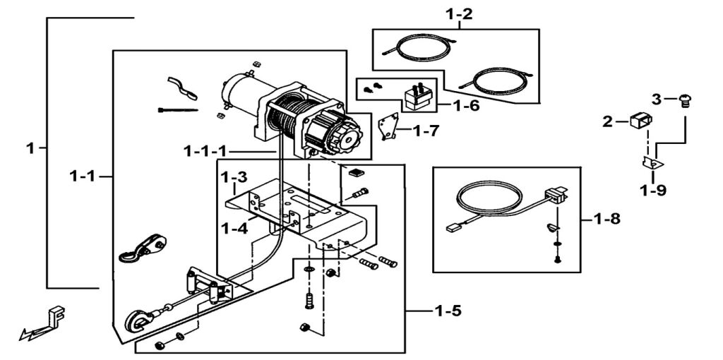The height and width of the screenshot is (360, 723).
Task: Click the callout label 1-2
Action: tap(459, 13)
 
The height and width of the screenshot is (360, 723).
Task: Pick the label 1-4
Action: tap(233, 227)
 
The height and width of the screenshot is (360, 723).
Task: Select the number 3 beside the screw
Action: tap(657, 100)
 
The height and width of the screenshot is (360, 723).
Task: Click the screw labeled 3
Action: tap(683, 101)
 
